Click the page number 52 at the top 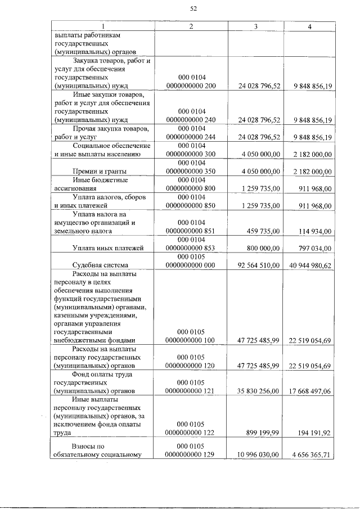[x=193, y=8]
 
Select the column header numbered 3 [x=256, y=28]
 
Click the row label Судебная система [x=100, y=264]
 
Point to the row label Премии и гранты [x=99, y=171]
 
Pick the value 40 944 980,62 [x=310, y=265]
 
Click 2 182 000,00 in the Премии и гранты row [x=313, y=172]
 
